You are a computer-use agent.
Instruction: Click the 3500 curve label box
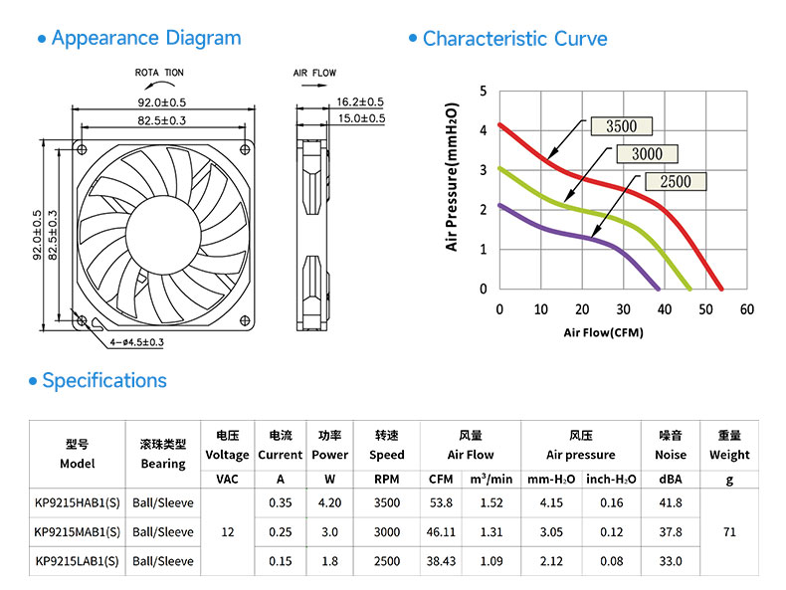coord(622,126)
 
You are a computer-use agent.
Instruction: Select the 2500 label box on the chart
coord(676,181)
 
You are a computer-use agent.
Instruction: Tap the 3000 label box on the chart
coord(647,154)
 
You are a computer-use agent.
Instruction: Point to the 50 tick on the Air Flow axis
coord(705,309)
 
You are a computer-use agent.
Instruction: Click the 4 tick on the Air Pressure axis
coord(484,130)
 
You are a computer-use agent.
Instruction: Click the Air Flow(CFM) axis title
coord(604,332)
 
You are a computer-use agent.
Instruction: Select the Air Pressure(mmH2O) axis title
coord(452,176)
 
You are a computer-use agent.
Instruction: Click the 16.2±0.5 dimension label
coord(360,101)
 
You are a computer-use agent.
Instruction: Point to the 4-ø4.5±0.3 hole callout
coord(137,342)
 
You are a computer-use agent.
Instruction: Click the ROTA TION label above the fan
coord(159,73)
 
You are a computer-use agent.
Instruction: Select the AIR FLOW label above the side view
coord(314,73)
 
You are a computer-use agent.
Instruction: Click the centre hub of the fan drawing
coord(163,235)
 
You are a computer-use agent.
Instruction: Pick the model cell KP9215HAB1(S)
coord(78,502)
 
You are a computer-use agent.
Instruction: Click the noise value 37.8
coord(671,532)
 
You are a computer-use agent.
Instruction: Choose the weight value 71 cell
coord(729,532)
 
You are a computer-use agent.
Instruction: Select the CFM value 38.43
coord(441,561)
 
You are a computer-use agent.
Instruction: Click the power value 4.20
coord(330,502)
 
